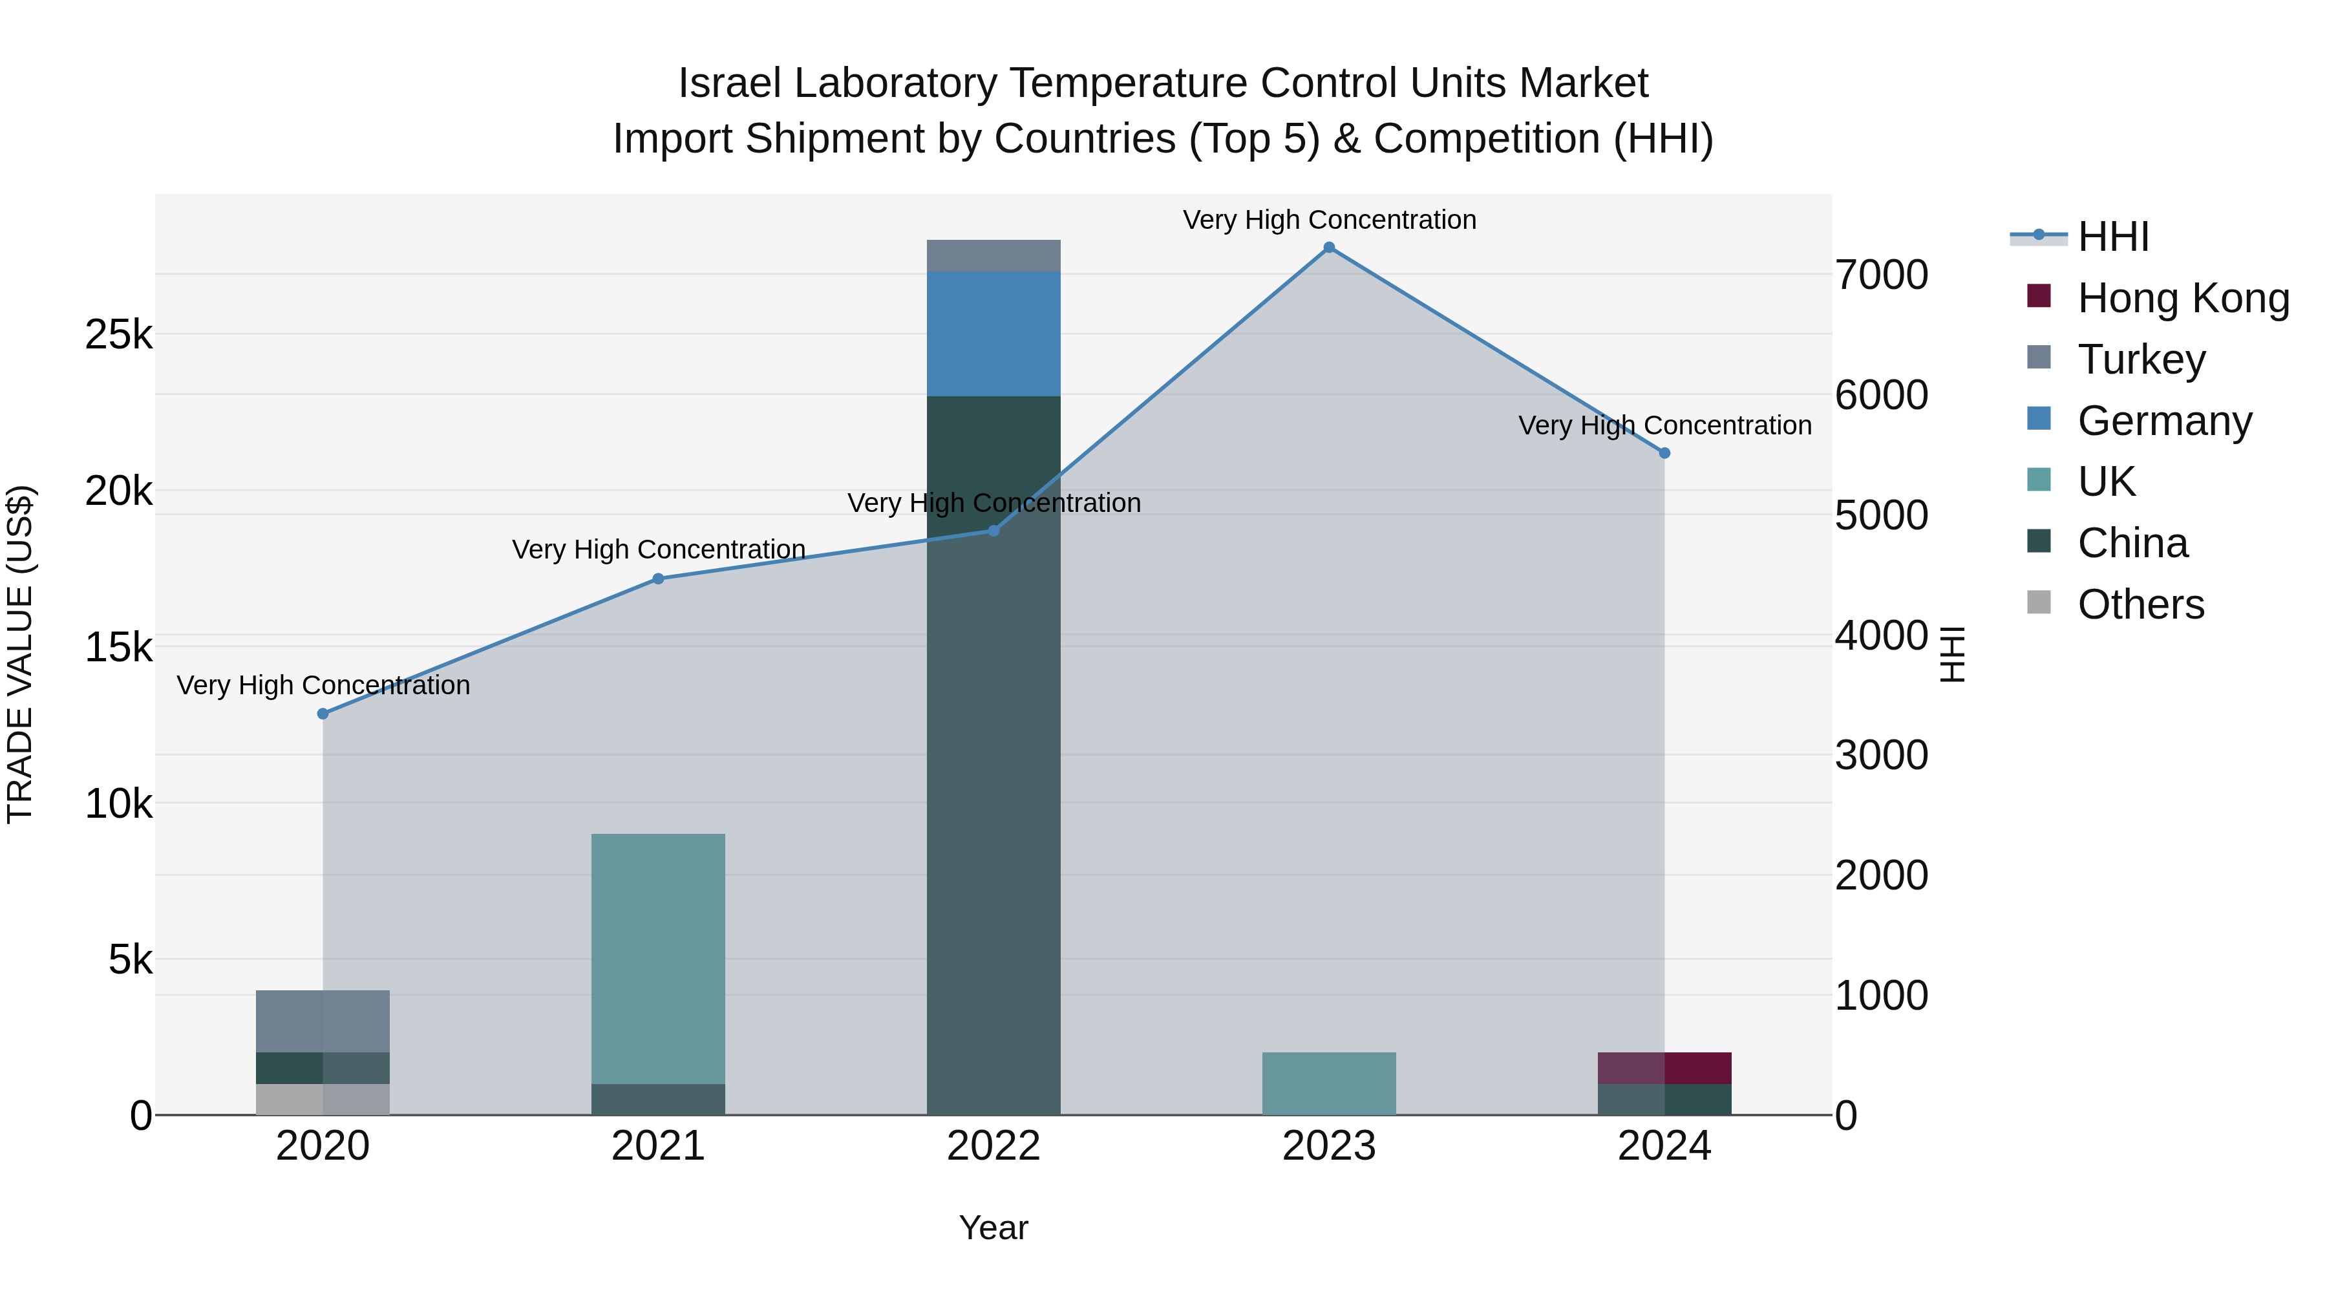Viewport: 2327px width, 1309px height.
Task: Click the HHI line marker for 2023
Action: coord(1329,248)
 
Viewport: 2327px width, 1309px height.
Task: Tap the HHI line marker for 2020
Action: coord(323,714)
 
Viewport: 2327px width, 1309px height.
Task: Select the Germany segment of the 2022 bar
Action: coord(993,334)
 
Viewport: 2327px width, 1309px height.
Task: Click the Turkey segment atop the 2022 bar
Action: coord(993,255)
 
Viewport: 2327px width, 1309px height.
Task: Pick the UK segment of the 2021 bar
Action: coord(657,957)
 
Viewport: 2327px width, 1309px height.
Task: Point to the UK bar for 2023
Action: coord(1329,1083)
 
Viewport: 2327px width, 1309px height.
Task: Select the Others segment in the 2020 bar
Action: coord(323,1100)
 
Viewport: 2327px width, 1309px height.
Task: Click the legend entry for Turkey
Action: coord(2141,359)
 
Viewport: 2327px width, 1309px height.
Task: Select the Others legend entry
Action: coord(2140,604)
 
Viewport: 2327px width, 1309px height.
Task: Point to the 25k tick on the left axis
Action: coord(118,335)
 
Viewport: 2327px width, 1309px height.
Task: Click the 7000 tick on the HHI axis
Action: coord(1881,275)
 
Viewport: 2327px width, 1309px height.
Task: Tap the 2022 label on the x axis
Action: coord(993,1146)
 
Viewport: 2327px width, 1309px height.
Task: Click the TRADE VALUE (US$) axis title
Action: coord(20,654)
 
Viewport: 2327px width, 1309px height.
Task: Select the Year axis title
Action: coord(993,1228)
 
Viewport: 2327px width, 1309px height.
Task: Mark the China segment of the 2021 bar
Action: coord(657,1100)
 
